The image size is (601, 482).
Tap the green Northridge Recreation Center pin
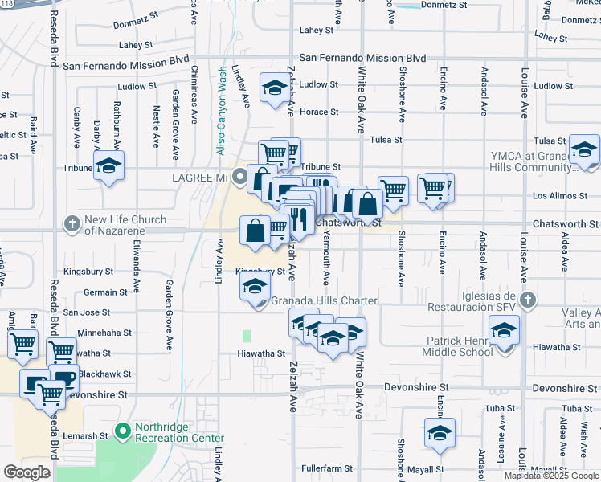[x=122, y=432]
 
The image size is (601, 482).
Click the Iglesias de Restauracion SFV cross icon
[x=527, y=300]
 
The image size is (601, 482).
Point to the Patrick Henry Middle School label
[x=460, y=346]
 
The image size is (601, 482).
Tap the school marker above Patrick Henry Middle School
[x=504, y=331]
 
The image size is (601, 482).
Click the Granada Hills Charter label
[x=324, y=301]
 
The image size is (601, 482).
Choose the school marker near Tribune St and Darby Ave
[x=108, y=167]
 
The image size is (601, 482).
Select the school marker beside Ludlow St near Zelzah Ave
[x=274, y=88]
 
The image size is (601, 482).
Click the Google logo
[x=27, y=472]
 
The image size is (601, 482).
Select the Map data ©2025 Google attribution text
[x=551, y=476]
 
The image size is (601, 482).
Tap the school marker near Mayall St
[x=440, y=434]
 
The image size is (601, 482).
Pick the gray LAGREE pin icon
[x=239, y=178]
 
